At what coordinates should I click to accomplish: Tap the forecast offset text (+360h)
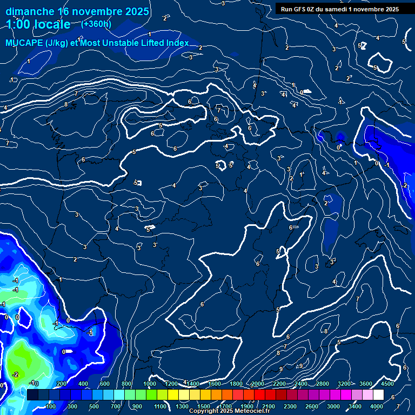96,24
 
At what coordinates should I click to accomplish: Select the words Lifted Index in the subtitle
163,43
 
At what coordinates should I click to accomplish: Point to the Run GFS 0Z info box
339,9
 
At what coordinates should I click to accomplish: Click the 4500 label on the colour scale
387,384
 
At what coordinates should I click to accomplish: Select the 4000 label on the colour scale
376,406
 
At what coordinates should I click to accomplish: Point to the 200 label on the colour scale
61,384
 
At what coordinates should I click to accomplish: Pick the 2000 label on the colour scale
258,384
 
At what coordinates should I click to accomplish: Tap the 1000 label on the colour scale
149,384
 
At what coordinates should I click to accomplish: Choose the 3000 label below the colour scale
333,406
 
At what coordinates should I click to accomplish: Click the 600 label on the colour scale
105,384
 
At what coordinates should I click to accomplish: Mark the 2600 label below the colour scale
312,406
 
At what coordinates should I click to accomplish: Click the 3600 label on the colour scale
365,384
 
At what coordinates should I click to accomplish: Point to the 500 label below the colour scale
94,406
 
